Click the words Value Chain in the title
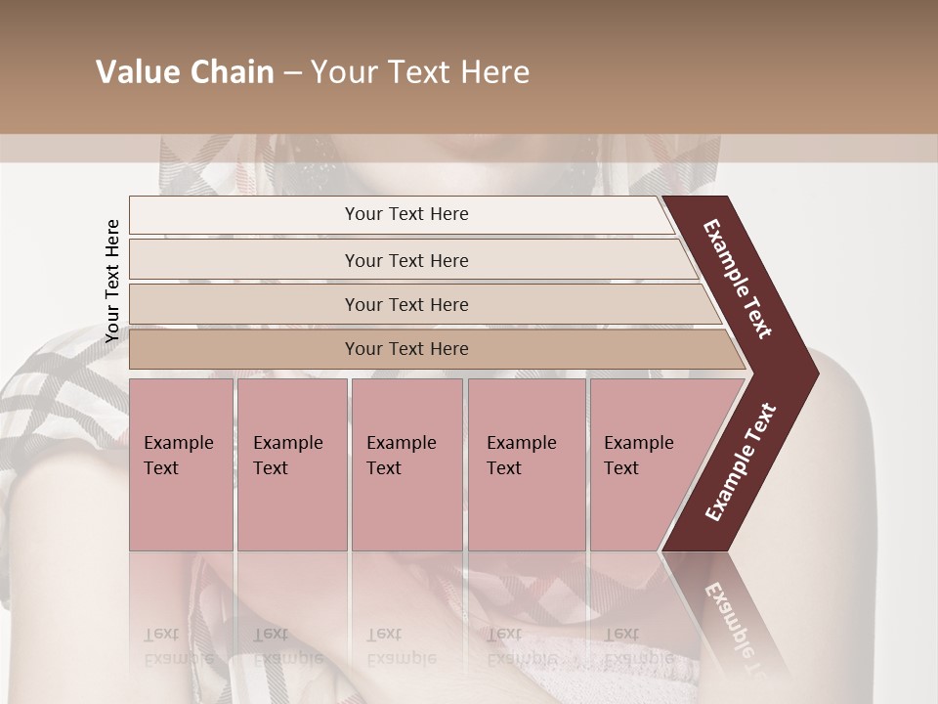[x=185, y=72]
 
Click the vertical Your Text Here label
[x=112, y=281]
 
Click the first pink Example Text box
[x=181, y=464]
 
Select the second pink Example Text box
[x=292, y=464]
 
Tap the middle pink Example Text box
[x=406, y=464]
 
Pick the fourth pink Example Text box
[x=527, y=464]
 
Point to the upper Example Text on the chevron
[x=738, y=279]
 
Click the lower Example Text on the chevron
[x=740, y=462]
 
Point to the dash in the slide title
[x=292, y=73]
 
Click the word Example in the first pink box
[x=178, y=443]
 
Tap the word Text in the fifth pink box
[x=621, y=468]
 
